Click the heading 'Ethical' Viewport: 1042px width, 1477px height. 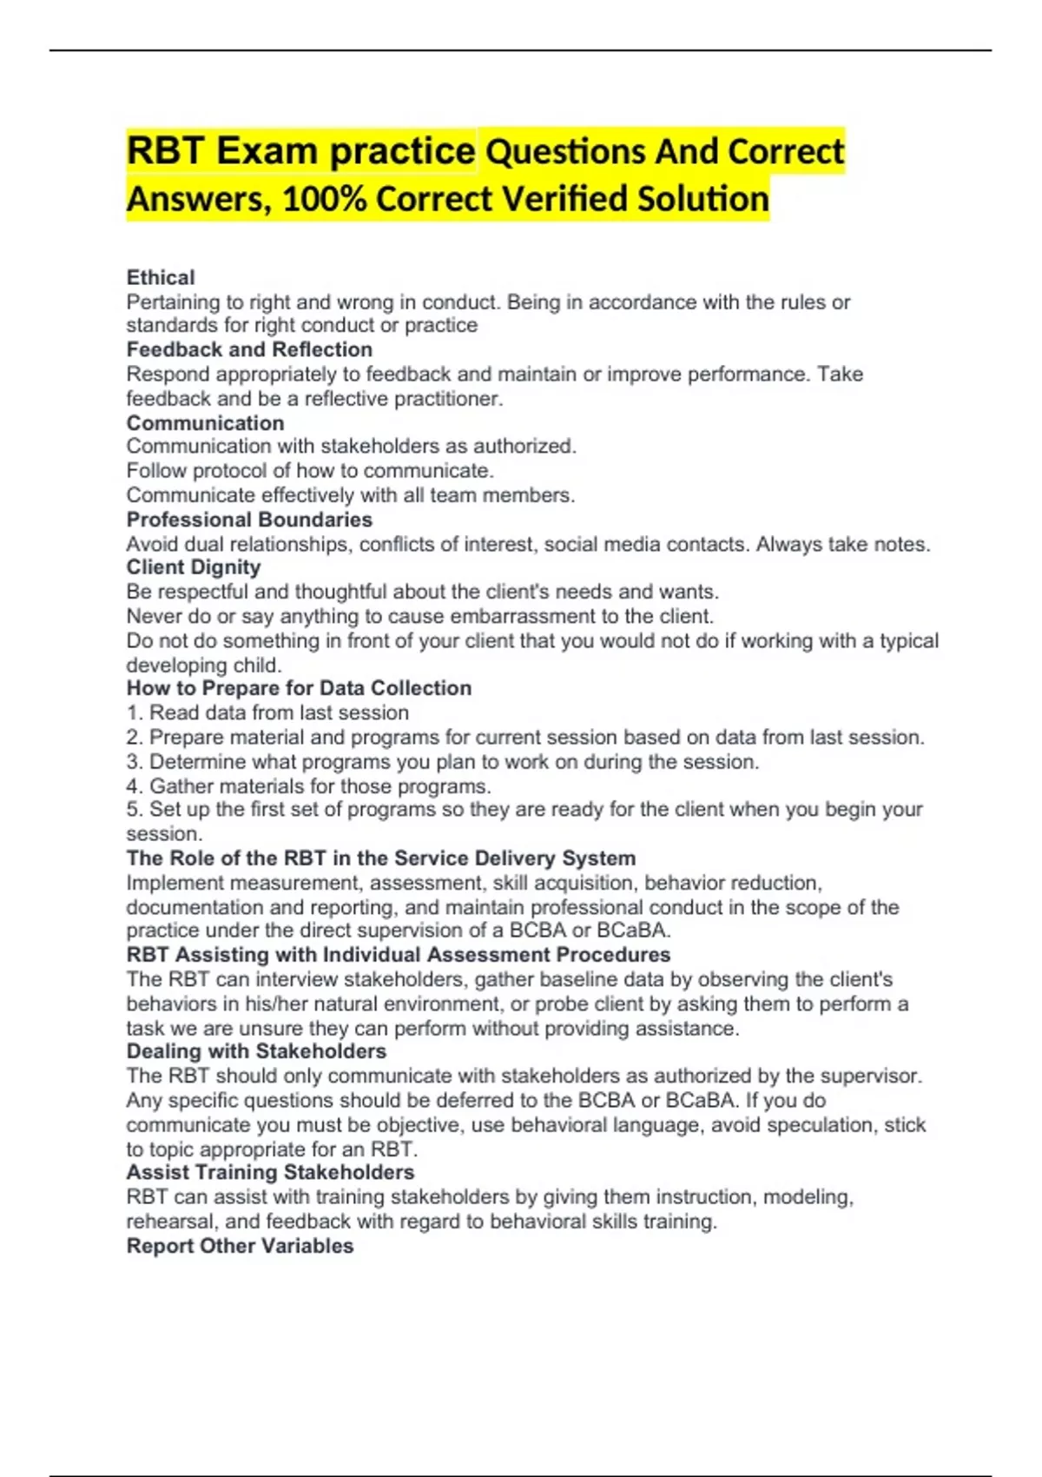coord(161,277)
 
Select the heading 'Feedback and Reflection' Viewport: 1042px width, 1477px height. coord(249,349)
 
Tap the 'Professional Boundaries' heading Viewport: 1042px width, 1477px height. coord(249,520)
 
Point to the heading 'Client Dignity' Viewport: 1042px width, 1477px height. coord(194,567)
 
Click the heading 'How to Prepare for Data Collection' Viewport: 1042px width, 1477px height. coord(299,688)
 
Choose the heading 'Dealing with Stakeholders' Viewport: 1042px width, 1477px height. coord(256,1051)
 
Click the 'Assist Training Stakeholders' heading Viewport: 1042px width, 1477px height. coord(270,1172)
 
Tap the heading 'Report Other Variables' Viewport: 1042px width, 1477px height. coord(240,1246)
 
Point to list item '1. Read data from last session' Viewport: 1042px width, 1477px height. coord(267,712)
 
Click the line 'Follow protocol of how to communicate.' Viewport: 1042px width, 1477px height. coord(310,471)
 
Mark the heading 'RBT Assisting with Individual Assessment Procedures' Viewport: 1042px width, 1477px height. coord(399,955)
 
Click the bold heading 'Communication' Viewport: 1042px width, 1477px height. coord(205,423)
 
